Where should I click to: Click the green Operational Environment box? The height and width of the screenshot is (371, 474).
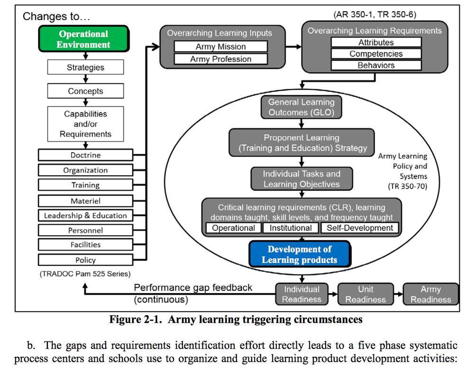pos(84,39)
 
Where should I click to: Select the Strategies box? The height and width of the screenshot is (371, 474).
pos(85,67)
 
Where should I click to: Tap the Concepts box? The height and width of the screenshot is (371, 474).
pos(85,91)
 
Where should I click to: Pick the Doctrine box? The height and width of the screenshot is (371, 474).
pos(85,155)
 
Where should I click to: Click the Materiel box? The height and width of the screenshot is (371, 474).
pos(85,201)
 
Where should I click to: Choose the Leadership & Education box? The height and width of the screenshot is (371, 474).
pos(85,216)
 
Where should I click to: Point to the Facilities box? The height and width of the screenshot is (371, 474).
pos(85,244)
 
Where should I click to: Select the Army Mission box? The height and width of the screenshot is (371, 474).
pos(221,46)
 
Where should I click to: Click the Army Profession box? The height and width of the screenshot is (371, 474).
pos(221,59)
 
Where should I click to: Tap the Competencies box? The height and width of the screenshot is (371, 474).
pos(376,54)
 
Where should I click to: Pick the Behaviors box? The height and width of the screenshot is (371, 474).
pos(376,65)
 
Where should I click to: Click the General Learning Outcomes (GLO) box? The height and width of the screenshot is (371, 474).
pos(301,107)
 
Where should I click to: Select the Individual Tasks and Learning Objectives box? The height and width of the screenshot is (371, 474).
pos(301,179)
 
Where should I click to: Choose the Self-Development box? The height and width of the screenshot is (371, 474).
pos(360,228)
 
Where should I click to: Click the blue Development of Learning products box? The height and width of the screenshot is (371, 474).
pos(300,254)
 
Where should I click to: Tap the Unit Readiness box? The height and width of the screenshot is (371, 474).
pos(365,294)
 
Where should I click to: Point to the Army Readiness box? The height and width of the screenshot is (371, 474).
pos(431,294)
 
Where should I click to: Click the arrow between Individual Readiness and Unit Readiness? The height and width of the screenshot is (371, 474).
pos(333,294)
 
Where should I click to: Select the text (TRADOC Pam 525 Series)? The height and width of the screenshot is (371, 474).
pos(85,274)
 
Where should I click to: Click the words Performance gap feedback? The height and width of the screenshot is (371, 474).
pos(193,288)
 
